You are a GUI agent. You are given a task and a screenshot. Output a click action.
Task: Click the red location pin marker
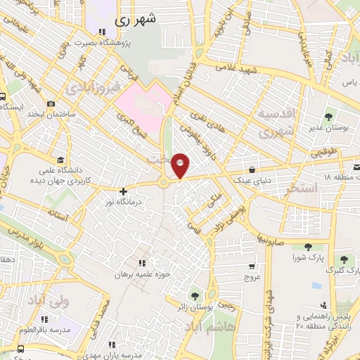181,165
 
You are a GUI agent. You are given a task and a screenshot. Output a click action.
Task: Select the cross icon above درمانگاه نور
123,191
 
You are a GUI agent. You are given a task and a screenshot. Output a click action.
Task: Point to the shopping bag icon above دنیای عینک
252,169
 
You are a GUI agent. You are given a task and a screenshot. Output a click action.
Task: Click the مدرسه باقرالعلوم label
49,330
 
